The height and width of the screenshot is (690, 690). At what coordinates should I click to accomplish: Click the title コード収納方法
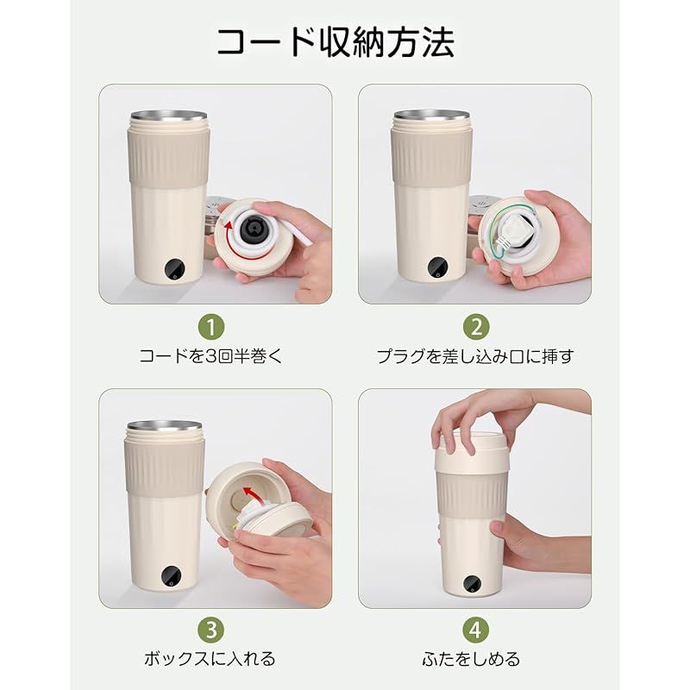336,42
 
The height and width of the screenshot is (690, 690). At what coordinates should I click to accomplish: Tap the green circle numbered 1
211,327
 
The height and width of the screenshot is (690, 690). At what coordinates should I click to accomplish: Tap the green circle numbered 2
476,327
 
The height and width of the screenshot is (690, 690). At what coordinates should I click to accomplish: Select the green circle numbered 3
211,630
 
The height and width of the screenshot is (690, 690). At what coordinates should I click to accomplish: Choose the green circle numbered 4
476,630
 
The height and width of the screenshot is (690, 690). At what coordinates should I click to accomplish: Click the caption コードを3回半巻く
211,356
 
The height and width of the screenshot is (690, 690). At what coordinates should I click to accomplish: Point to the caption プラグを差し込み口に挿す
475,356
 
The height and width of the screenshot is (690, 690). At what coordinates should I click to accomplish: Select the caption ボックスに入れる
210,659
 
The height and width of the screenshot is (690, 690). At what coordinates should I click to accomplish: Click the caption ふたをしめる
471,659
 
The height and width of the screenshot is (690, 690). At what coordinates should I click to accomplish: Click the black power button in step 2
438,267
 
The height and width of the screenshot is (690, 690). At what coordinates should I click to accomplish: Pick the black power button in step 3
172,576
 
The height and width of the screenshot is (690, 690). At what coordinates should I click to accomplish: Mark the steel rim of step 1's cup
168,116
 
